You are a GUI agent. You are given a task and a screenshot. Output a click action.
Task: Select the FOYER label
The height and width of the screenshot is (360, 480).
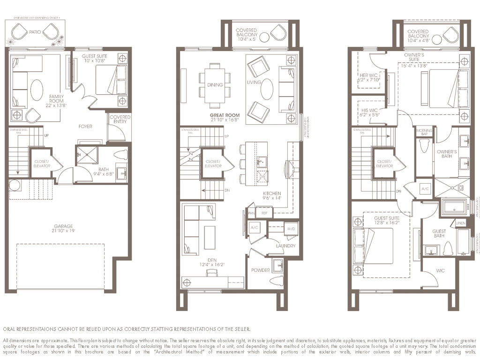tap(85, 127)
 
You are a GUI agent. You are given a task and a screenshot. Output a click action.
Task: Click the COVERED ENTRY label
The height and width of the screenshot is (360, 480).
tap(120, 120)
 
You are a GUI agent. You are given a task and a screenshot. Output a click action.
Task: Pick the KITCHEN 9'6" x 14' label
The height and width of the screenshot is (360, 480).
tap(272, 196)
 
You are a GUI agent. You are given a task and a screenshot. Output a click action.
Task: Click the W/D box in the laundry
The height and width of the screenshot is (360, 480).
tap(291, 228)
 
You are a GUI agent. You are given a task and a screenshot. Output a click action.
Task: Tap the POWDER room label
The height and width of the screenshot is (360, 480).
tap(261, 270)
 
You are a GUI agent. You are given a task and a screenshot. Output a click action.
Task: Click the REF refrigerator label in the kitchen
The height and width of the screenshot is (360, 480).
tap(264, 213)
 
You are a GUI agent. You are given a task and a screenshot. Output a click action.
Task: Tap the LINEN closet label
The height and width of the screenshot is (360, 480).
tap(461, 223)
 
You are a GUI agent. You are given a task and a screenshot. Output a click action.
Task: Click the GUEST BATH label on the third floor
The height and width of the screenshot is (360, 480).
tap(439, 233)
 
